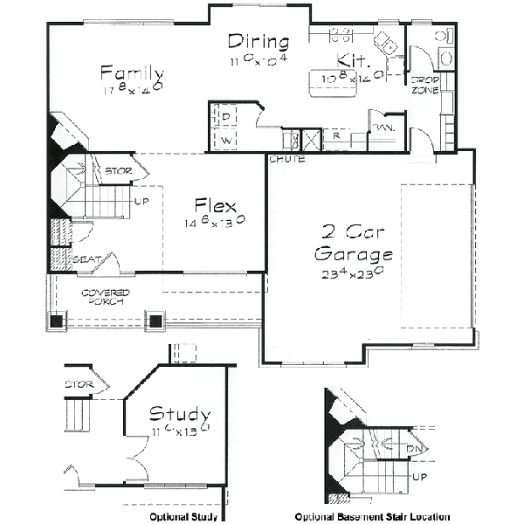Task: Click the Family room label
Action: (131, 72)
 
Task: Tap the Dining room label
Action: (258, 40)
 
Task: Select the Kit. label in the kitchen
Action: (354, 62)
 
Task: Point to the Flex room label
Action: (216, 206)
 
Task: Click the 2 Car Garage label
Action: (354, 244)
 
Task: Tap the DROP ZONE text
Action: (424, 84)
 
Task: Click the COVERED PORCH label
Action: (106, 296)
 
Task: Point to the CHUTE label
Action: (286, 160)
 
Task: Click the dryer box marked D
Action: (224, 116)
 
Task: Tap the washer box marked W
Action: (224, 139)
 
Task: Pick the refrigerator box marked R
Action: (335, 136)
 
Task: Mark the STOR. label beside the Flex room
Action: (118, 170)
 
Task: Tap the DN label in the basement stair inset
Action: (416, 450)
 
